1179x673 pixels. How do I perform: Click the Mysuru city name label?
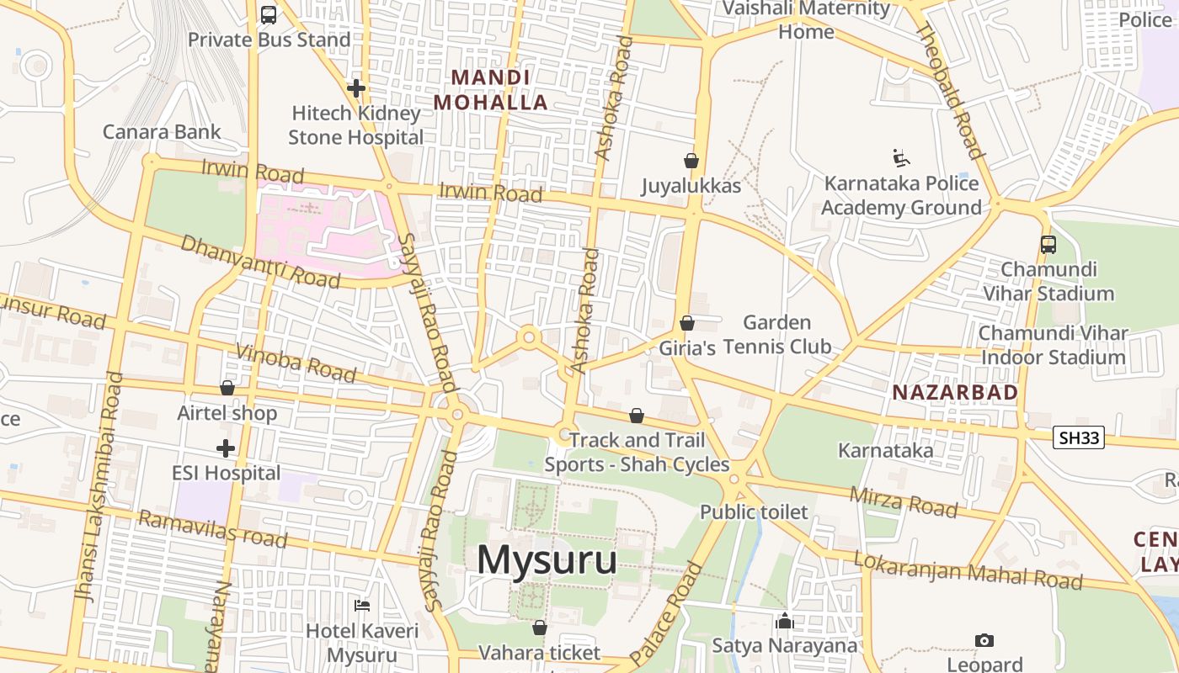pos(547,560)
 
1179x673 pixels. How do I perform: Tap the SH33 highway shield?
pos(1078,437)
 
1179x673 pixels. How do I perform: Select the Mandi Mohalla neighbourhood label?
pos(491,90)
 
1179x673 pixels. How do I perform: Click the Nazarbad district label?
pos(955,392)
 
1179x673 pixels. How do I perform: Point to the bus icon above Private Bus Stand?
pos(269,14)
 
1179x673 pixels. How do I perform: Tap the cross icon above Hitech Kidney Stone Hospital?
pos(356,87)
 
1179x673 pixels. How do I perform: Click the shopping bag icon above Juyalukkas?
pos(691,160)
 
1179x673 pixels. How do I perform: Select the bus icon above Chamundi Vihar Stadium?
pos(1048,244)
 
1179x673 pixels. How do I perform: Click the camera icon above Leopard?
pos(984,641)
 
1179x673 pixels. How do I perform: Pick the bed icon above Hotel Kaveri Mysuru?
pos(362,606)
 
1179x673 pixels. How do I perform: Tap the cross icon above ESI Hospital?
pos(226,448)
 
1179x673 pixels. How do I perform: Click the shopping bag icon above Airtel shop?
pos(227,388)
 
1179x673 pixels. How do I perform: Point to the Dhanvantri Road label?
pos(260,262)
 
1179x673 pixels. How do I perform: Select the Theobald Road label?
pos(949,91)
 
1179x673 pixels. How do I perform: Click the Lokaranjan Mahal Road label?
pos(968,570)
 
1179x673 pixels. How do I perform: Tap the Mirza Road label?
pos(904,502)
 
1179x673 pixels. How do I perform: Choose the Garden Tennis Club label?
pos(776,334)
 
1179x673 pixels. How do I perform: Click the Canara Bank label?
pos(162,131)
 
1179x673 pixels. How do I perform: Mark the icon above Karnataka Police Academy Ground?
pos(901,157)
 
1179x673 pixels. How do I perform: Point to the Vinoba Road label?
pos(296,363)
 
